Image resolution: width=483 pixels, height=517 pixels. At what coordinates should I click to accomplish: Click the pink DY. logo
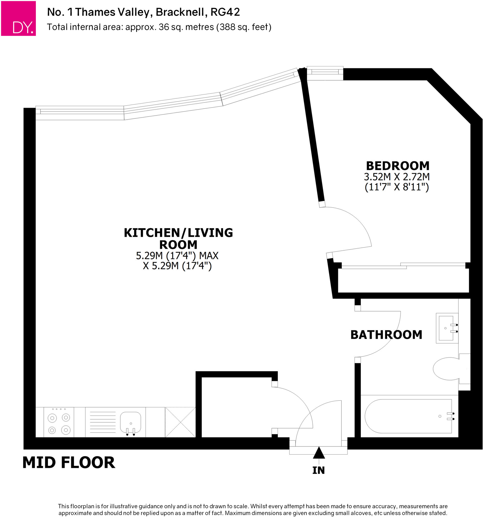pos(18,18)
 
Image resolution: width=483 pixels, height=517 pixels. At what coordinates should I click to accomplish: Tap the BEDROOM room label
pos(397,166)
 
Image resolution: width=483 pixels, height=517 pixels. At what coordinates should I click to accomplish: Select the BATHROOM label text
pos(386,335)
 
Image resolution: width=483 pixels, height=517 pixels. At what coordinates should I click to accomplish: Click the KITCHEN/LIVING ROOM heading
pos(178,239)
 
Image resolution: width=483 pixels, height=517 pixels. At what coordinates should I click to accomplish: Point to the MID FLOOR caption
pos(69,463)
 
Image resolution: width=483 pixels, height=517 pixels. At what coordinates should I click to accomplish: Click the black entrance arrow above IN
pos(319,453)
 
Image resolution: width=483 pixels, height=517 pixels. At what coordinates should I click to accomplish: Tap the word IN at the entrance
pos(318,470)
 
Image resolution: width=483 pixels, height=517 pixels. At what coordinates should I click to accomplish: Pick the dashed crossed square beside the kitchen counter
pos(180,422)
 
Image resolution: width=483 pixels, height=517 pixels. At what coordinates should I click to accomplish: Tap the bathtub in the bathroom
pos(408,416)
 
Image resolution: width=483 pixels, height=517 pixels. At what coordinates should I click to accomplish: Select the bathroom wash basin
pos(447,328)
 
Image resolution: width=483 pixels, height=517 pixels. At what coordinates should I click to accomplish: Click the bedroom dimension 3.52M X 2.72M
pos(397,177)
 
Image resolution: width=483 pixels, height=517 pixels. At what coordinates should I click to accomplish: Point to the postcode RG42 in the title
pos(225,12)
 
